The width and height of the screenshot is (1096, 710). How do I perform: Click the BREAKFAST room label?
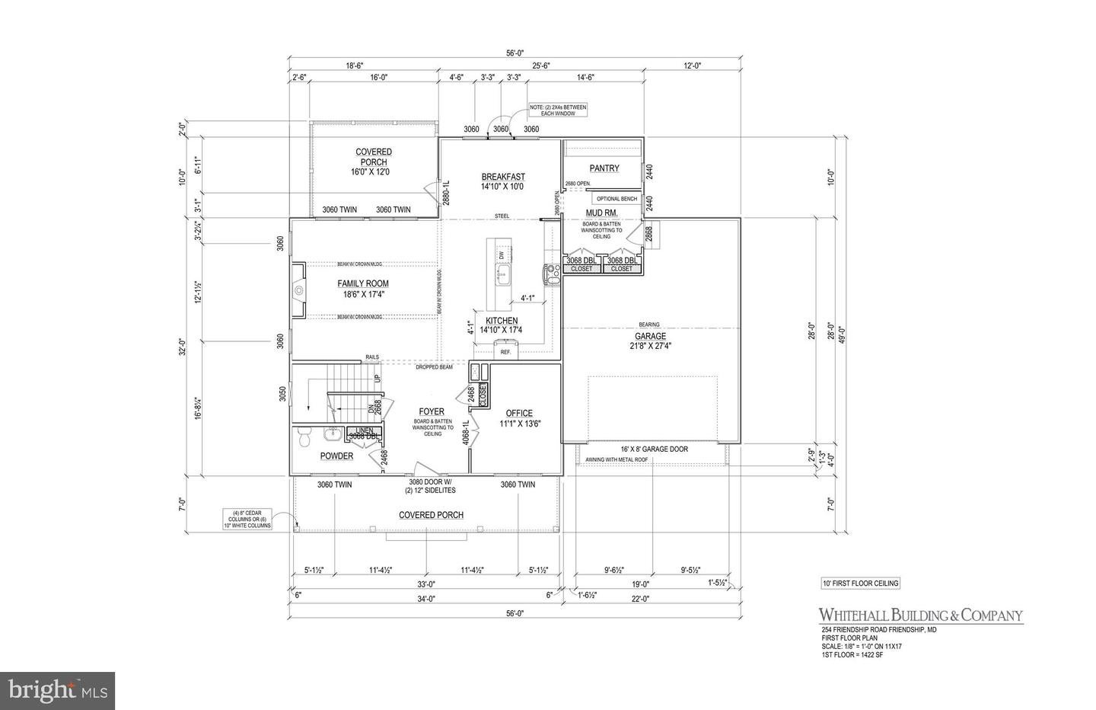[x=502, y=177]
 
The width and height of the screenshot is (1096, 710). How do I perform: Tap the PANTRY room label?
[x=604, y=168]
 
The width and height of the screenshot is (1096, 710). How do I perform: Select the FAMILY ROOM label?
[x=363, y=284]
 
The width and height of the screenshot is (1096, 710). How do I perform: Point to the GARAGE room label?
[x=650, y=336]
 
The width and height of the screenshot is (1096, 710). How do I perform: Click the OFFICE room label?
[x=520, y=414]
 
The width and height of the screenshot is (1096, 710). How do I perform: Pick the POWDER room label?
[x=336, y=456]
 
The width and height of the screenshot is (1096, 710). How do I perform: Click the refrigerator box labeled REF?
[x=505, y=352]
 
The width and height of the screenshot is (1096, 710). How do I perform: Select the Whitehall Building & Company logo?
[x=920, y=616]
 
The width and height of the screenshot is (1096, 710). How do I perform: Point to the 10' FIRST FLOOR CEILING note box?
[x=855, y=584]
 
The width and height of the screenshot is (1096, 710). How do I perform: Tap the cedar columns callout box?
[x=248, y=518]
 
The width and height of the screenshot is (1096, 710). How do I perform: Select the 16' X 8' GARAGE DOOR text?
[x=655, y=449]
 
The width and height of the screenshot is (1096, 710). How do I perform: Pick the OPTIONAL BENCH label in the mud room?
[x=616, y=199]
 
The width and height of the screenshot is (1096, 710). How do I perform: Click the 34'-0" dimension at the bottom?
[x=425, y=599]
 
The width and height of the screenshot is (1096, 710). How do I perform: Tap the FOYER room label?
[x=432, y=411]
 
